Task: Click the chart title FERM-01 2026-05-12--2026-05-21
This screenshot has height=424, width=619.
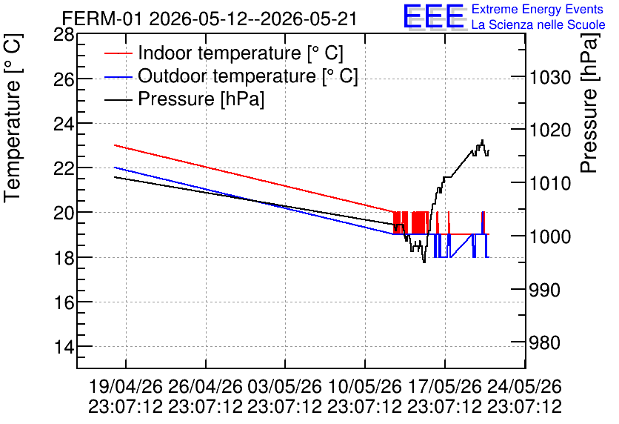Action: coord(210,19)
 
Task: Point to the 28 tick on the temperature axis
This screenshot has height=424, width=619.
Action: coord(64,35)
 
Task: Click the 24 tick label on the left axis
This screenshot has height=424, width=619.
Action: coord(64,124)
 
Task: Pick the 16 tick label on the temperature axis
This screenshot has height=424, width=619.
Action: coord(64,302)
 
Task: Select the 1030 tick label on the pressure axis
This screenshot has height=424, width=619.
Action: coord(550,77)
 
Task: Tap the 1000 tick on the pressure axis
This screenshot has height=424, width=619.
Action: coord(550,236)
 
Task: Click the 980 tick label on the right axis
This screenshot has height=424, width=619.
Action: coord(545,343)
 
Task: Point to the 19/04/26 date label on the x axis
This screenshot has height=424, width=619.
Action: coord(126,386)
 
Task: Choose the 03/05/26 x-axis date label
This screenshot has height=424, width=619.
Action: coord(284,386)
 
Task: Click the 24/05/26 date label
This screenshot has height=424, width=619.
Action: coord(524,386)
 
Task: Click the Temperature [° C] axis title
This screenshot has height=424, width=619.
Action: coord(13,118)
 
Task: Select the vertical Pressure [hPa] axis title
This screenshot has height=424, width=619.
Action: coord(589,103)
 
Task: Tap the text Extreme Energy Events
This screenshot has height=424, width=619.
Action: coord(538,9)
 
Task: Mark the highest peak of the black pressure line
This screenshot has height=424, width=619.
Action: coord(483,140)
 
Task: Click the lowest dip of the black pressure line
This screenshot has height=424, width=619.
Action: coord(424,262)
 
